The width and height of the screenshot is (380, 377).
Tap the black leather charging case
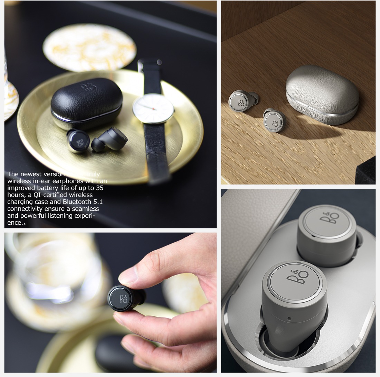[86, 100]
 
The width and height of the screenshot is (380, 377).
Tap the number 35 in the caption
[99, 188]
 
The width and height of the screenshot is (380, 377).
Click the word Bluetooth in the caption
[80, 202]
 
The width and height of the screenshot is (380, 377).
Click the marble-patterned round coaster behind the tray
[89, 47]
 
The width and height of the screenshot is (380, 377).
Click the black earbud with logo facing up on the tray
[78, 141]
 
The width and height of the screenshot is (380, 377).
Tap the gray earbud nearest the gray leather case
[275, 120]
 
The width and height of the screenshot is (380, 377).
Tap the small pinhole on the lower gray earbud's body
[289, 318]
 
